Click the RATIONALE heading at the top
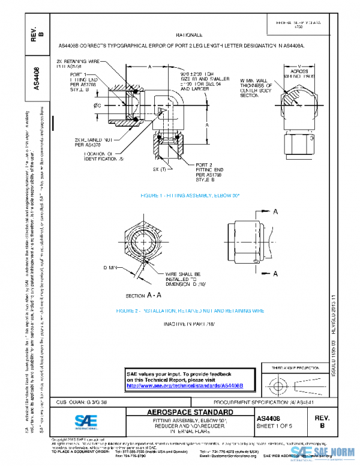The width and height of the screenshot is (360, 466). click(x=189, y=36)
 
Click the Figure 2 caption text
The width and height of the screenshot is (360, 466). click(x=190, y=311)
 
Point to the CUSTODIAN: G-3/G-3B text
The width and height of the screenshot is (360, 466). click(x=91, y=401)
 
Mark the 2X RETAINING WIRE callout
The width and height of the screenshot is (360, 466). click(x=78, y=64)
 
